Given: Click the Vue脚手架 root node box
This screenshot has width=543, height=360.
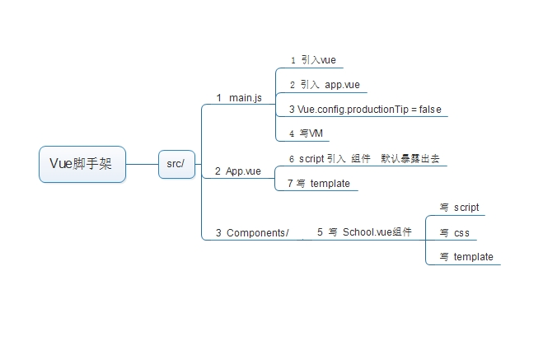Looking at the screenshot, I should click(82, 164).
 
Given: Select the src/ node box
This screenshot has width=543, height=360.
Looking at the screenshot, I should click(176, 164).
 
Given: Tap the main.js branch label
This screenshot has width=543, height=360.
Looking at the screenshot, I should click(239, 98).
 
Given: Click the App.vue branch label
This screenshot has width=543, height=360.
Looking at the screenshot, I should click(238, 171).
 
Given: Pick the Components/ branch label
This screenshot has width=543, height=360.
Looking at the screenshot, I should click(252, 233).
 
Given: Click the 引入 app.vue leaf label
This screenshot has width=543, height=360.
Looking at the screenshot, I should click(324, 85).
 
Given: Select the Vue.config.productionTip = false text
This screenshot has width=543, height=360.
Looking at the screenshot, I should click(365, 110).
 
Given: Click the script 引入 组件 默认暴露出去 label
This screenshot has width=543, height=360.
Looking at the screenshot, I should click(363, 158).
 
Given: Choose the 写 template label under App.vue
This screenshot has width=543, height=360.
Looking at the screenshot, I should click(324, 184).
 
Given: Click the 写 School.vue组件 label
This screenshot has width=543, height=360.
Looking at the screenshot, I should click(364, 233).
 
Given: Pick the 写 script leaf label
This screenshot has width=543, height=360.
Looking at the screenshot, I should click(460, 208).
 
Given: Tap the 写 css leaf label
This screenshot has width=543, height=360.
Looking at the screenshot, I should click(455, 233).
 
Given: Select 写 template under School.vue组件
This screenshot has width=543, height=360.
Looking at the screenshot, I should click(466, 257).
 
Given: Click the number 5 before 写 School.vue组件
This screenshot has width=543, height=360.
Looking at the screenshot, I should click(320, 233).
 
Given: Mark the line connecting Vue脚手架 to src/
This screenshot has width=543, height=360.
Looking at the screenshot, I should click(143, 165).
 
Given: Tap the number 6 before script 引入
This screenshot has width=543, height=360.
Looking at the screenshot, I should click(292, 159).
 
